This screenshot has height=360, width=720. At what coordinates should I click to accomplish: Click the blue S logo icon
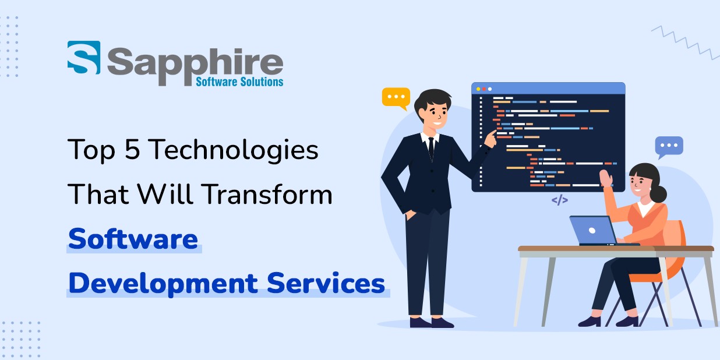(x=84, y=58)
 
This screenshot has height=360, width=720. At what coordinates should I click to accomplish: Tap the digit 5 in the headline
(x=131, y=150)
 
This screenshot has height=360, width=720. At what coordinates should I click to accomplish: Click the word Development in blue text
(x=163, y=284)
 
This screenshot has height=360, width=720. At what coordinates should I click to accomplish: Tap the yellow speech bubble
(x=396, y=98)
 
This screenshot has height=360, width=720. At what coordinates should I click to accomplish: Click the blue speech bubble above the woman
(x=669, y=147)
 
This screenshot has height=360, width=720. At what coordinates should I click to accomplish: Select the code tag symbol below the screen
(x=559, y=200)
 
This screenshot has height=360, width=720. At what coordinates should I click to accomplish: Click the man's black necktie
(x=431, y=148)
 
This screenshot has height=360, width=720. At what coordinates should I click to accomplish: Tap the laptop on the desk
(x=593, y=230)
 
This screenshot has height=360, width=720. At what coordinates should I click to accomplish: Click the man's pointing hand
(x=490, y=137)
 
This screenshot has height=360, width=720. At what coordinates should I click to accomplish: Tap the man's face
(x=434, y=114)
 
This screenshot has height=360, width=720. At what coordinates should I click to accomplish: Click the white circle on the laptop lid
(x=592, y=230)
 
